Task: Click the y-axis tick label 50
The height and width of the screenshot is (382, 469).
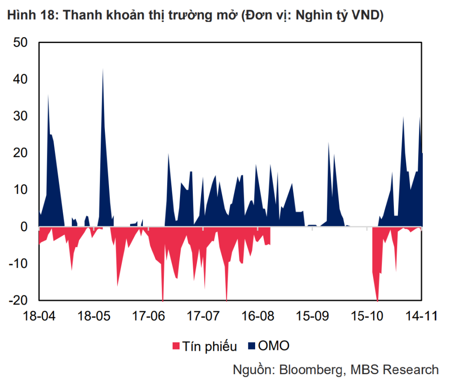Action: [x=20, y=43]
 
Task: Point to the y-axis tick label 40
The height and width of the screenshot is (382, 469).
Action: [x=20, y=79]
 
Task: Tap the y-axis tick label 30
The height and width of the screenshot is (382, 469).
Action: [x=20, y=116]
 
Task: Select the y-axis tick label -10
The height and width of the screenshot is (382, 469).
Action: [x=18, y=264]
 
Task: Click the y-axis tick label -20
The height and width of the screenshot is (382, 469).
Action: [x=18, y=300]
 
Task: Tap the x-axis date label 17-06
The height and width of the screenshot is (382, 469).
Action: [x=148, y=316]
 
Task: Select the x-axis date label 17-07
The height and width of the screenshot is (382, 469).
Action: [x=203, y=316]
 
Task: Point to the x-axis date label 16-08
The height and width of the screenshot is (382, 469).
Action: [x=257, y=316]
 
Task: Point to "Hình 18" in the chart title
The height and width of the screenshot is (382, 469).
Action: [x=28, y=15]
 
